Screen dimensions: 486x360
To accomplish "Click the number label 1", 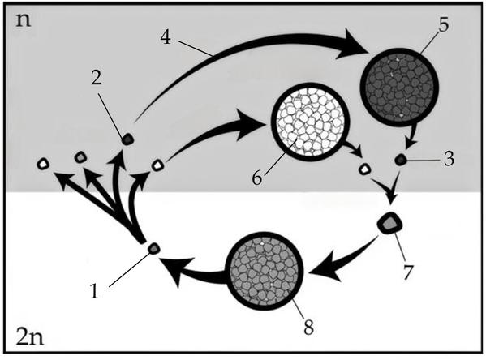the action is [x=94, y=291].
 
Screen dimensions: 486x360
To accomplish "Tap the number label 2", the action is [x=96, y=78].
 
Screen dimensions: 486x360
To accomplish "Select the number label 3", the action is [x=449, y=158].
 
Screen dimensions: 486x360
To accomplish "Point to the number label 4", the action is [x=166, y=38].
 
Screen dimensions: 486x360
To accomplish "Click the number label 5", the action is [x=444, y=25].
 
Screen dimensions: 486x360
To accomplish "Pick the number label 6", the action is [x=257, y=178].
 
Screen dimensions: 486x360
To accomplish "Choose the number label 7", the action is [x=408, y=272].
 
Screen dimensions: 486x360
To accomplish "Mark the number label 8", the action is [x=308, y=327].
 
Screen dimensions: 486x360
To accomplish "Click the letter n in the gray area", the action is [x=24, y=20].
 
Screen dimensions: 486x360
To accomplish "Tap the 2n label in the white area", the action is [x=29, y=337].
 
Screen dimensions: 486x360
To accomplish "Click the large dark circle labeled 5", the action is [x=399, y=87].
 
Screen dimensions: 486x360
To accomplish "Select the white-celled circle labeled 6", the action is [x=311, y=122].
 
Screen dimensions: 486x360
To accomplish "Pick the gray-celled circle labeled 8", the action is [x=265, y=271].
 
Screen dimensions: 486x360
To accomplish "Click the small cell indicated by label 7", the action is [x=390, y=222].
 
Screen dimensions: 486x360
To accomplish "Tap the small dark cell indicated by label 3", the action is [x=401, y=159].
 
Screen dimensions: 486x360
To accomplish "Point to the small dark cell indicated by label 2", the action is [x=127, y=139].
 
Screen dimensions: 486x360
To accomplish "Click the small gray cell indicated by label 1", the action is [x=154, y=248].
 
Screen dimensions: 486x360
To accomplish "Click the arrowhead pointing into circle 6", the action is [x=251, y=125].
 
